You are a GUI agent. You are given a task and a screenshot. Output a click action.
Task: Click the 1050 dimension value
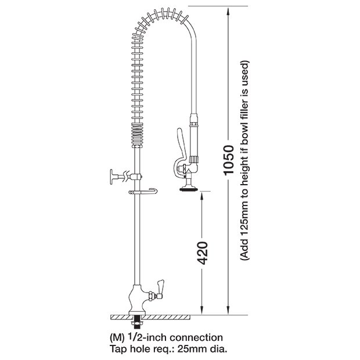[x=228, y=160]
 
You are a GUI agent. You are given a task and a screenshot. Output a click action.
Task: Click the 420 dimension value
[x=203, y=253]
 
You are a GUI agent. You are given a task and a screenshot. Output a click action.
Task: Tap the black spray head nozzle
[x=189, y=189]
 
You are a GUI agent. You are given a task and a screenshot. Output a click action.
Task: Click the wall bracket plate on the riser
[x=111, y=177]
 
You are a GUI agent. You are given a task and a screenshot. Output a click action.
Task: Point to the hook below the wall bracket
[x=143, y=191]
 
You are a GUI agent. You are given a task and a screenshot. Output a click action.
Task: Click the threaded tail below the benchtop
[x=137, y=321]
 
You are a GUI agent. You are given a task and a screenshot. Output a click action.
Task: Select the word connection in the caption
[x=196, y=337]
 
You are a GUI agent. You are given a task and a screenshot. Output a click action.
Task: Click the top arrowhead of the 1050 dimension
[x=228, y=11]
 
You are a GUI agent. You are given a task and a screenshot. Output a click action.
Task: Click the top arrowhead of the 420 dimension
[x=202, y=196]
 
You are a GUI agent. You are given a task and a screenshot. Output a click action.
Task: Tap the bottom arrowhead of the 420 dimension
[x=202, y=311]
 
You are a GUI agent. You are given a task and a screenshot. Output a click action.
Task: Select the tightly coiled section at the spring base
[x=137, y=135]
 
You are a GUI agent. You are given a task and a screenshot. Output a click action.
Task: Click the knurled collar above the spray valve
[x=194, y=159]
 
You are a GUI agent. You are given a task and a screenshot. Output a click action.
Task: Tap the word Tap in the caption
[x=118, y=350]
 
